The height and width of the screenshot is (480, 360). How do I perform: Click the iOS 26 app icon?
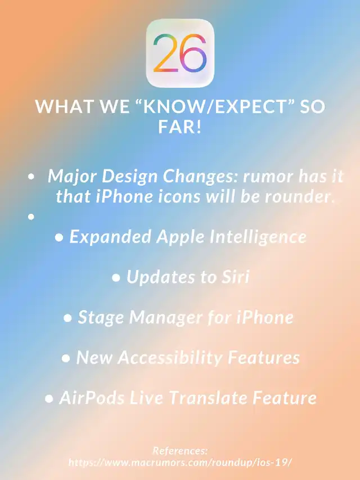pos(180,53)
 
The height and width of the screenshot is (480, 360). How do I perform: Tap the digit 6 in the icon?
pos(193,53)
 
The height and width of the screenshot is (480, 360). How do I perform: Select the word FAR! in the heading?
pos(180,127)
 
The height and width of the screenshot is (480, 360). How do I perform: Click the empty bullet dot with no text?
pos(31,217)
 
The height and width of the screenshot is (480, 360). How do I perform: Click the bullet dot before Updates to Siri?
pos(116,277)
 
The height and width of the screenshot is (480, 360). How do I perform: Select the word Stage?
pos(101,318)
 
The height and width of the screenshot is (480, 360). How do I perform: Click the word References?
pos(180,451)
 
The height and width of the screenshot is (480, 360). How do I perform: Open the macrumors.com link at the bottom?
pos(180,462)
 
